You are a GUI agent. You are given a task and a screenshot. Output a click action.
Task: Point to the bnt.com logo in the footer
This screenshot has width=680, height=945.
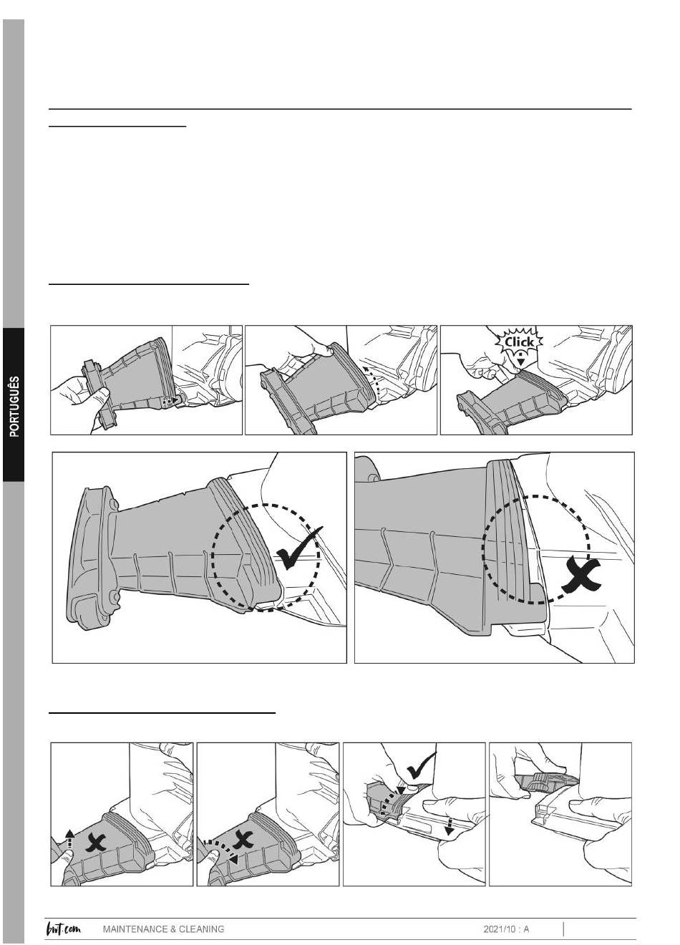[64, 929]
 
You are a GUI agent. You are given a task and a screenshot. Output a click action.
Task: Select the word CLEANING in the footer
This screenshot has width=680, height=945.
[200, 929]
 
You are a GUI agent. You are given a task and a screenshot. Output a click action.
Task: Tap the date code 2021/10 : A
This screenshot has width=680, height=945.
[506, 929]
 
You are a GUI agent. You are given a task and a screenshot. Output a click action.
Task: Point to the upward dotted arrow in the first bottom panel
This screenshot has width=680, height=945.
[69, 838]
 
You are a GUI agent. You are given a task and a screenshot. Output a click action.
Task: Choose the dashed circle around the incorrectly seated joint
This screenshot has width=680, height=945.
[537, 549]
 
